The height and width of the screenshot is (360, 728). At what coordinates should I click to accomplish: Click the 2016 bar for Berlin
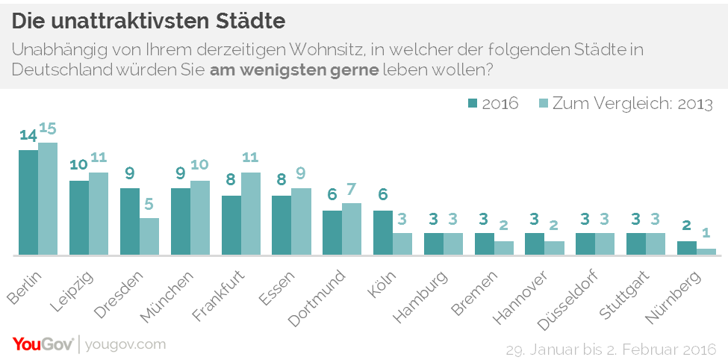pyautogui.click(x=28, y=202)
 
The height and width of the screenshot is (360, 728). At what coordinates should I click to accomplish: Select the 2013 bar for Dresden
pyautogui.click(x=149, y=236)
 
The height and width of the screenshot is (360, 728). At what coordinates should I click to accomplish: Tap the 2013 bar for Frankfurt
pyautogui.click(x=251, y=214)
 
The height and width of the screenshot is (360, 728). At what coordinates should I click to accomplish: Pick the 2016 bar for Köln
pyautogui.click(x=383, y=232)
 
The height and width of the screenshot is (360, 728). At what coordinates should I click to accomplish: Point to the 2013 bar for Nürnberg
pyautogui.click(x=706, y=252)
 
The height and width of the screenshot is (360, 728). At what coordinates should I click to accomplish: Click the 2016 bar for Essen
pyautogui.click(x=281, y=225)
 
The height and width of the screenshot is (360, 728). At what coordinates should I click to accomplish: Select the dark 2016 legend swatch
pyautogui.click(x=473, y=103)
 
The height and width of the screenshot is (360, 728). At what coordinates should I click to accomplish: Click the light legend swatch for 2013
pyautogui.click(x=543, y=103)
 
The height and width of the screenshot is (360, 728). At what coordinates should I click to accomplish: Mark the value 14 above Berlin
pyautogui.click(x=28, y=136)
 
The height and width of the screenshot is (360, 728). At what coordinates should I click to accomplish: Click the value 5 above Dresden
pyautogui.click(x=149, y=204)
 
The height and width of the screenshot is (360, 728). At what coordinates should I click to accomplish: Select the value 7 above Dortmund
pyautogui.click(x=352, y=189)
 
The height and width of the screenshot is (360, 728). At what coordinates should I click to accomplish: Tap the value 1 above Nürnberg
pyautogui.click(x=706, y=235)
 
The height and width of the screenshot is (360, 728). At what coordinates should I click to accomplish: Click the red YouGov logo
pyautogui.click(x=43, y=344)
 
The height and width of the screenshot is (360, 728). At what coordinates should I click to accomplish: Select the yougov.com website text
pyautogui.click(x=125, y=344)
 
